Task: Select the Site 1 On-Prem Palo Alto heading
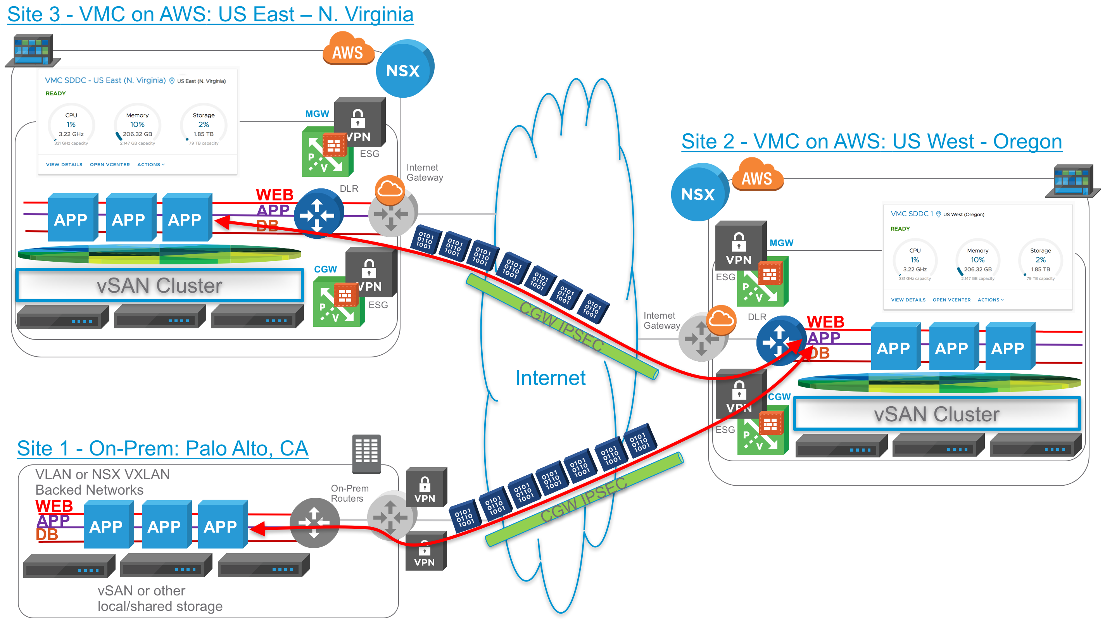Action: (163, 449)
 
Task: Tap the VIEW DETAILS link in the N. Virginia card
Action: (64, 165)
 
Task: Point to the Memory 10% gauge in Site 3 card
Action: (138, 126)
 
